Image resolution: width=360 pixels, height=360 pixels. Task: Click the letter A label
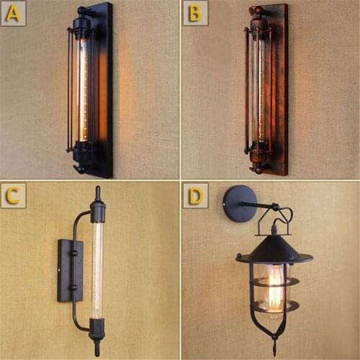(x=14, y=14)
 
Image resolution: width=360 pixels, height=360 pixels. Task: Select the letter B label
(x=194, y=14)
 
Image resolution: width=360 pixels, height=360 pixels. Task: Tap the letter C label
(x=14, y=195)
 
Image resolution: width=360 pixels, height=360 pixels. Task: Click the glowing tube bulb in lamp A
(x=82, y=90)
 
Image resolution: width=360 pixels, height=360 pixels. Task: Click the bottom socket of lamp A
(x=80, y=153)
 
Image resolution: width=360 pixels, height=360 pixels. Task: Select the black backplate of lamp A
(x=105, y=90)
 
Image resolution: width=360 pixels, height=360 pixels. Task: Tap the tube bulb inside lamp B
(x=258, y=90)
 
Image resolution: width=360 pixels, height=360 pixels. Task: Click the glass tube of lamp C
(x=97, y=270)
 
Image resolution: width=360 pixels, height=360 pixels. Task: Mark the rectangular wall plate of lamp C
(x=70, y=270)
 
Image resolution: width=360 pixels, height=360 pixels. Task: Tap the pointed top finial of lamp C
(x=97, y=193)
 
